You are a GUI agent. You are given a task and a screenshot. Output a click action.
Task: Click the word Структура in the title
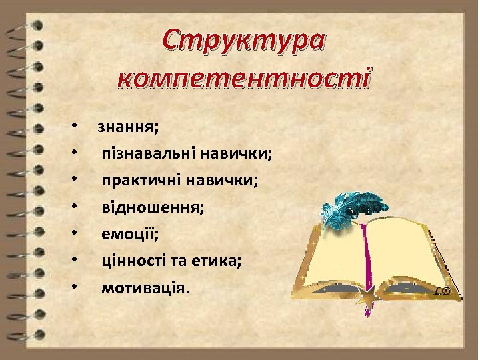pyautogui.click(x=245, y=41)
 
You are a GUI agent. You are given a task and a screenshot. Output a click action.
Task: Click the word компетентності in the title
pyautogui.click(x=245, y=79)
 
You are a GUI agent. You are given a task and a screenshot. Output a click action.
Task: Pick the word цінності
pyautogui.click(x=131, y=261)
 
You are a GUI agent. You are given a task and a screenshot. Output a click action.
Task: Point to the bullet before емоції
pyautogui.click(x=77, y=234)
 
